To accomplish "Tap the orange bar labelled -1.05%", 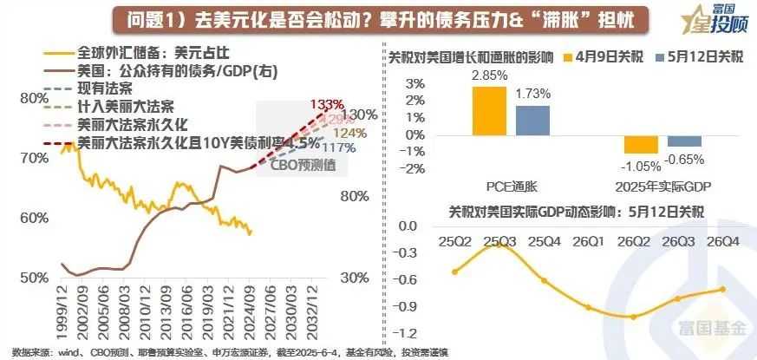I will pyautogui.click(x=638, y=146).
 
